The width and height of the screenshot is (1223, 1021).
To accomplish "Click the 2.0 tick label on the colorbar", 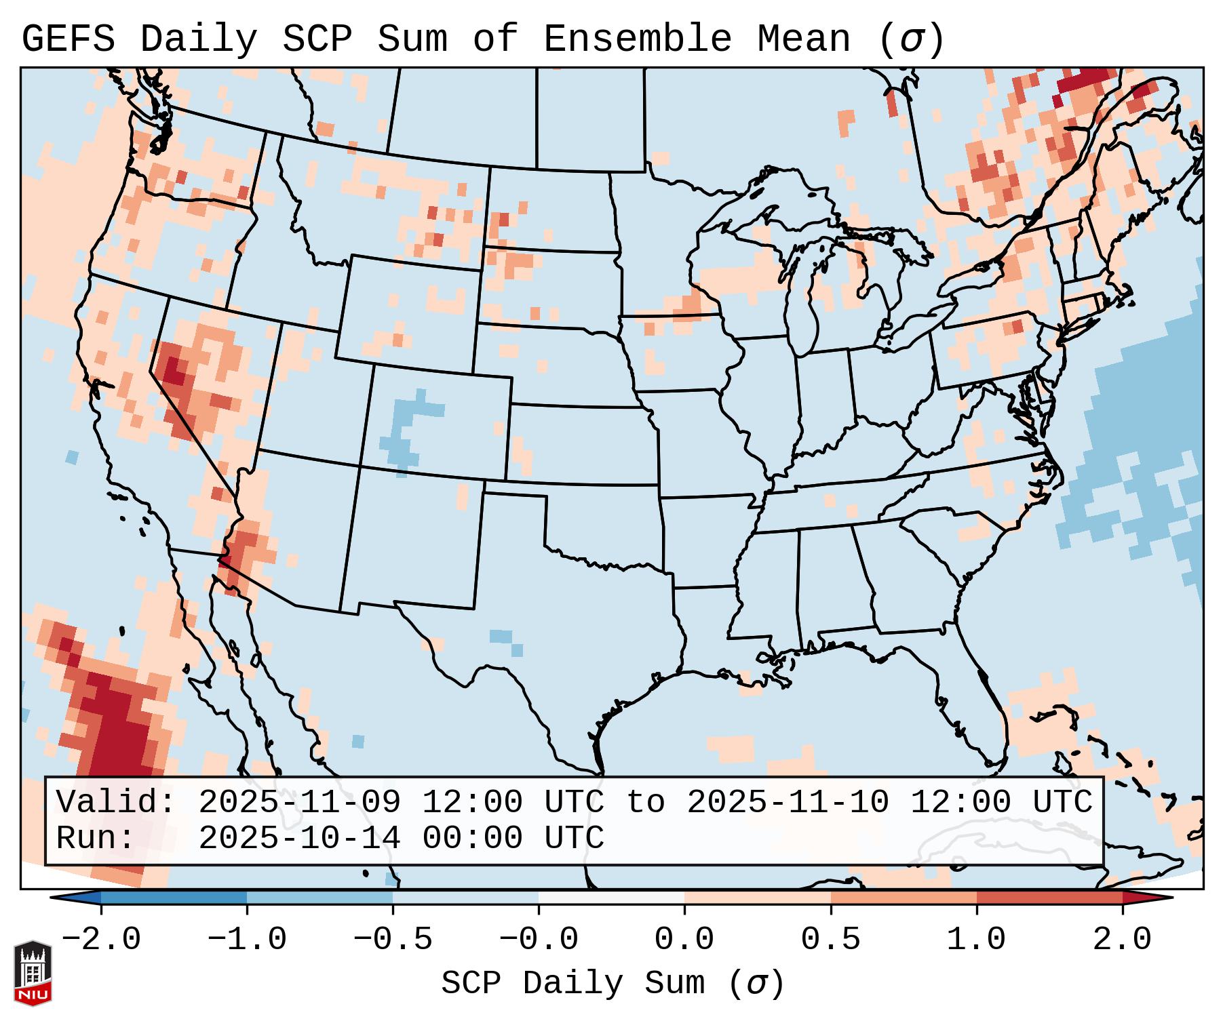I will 1122,940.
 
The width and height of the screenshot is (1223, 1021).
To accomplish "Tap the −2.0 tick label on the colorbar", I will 101,940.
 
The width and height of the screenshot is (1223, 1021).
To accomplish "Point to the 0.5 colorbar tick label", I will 830,940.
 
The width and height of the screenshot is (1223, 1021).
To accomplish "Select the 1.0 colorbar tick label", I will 976,940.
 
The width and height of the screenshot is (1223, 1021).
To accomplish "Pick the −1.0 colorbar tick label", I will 247,940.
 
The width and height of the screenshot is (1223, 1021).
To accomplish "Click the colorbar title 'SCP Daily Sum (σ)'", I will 613,984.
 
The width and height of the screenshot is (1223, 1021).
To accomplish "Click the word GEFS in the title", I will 68,39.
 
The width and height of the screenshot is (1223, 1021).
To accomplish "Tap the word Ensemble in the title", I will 638,39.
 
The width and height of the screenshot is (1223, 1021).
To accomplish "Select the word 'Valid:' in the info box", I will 116,803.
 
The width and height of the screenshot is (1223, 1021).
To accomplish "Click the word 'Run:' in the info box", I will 96,838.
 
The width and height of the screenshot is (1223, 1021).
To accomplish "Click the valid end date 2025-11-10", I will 788,803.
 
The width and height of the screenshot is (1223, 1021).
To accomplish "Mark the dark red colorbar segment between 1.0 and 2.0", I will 1049,898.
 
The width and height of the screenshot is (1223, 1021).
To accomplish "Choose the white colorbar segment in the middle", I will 611,898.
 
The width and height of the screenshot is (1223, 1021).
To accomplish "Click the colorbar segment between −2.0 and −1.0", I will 174,898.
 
